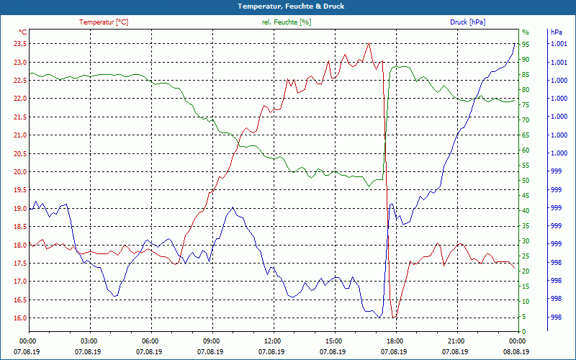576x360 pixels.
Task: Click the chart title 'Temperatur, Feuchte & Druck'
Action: [288, 6]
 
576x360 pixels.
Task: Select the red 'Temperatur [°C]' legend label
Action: [104, 22]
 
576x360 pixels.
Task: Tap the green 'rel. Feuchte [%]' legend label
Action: [287, 22]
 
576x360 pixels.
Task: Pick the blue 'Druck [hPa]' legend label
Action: [467, 22]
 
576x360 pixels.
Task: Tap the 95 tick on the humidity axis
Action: [526, 44]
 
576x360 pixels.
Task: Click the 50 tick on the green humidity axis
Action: [526, 180]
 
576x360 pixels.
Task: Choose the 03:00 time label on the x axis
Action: [89, 341]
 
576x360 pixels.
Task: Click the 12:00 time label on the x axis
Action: [272, 341]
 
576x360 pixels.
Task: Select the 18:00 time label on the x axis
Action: [395, 341]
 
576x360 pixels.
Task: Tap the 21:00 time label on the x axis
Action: [456, 341]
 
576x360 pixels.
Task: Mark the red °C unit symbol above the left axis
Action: [22, 32]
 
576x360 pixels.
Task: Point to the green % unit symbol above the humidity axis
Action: [525, 32]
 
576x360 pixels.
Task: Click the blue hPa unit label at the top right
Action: [556, 32]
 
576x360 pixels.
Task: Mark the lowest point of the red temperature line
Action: [393, 318]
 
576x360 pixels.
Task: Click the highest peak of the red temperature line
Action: [369, 43]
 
